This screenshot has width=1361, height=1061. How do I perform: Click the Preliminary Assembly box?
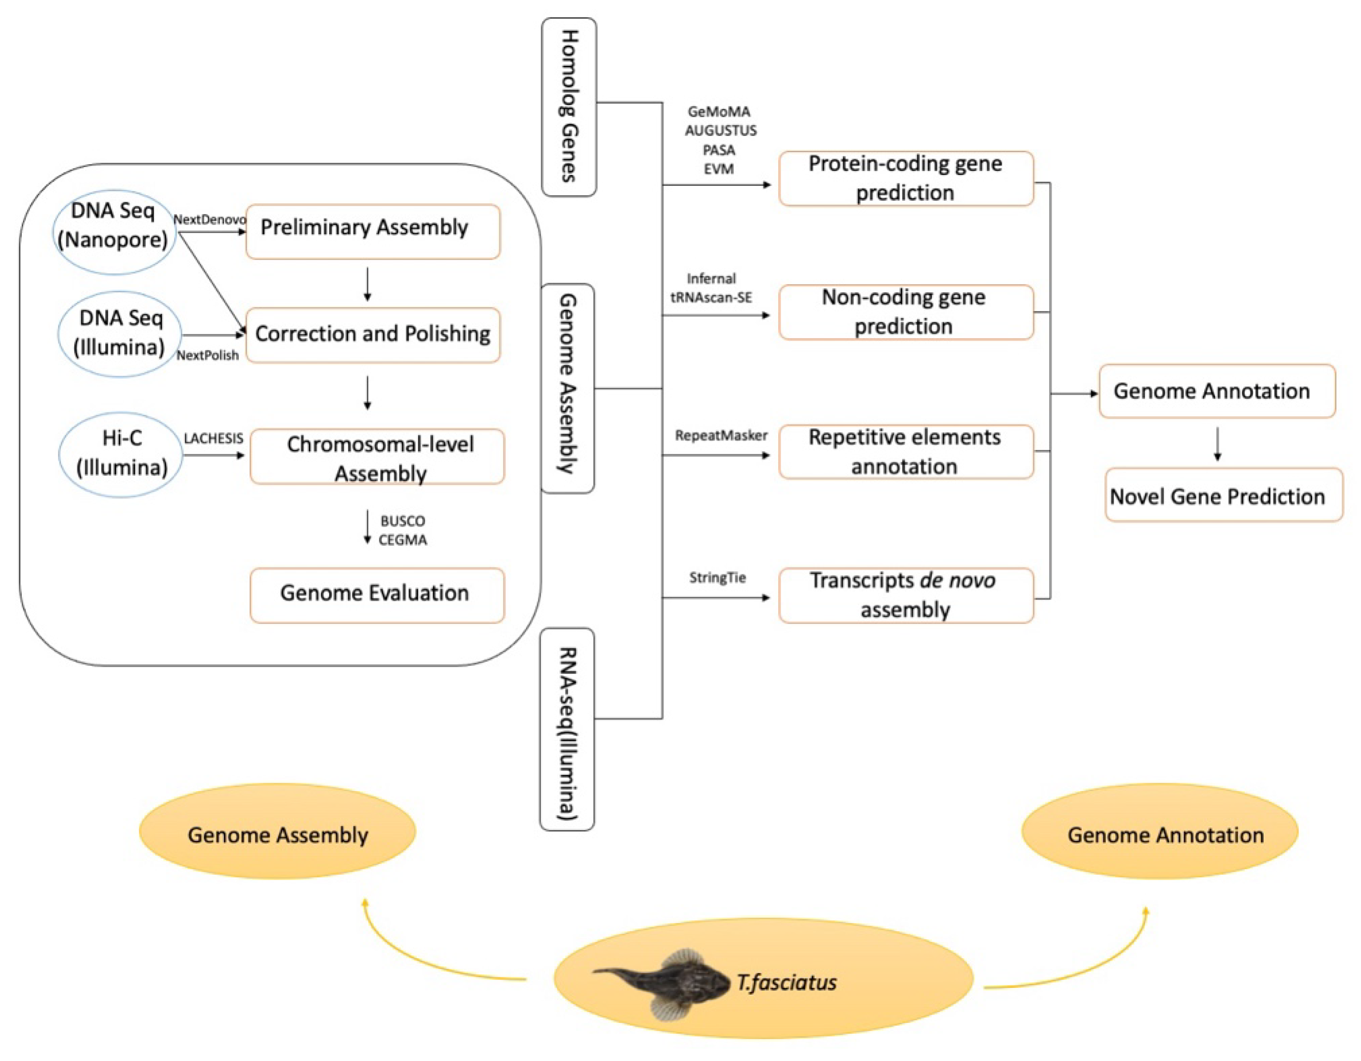click(373, 231)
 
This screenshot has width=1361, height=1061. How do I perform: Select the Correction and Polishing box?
click(373, 335)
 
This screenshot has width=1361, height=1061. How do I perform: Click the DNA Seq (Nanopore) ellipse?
click(114, 231)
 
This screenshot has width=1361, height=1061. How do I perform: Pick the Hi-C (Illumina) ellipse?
click(121, 454)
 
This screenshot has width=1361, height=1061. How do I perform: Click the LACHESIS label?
click(213, 438)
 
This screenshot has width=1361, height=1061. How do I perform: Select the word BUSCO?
click(402, 521)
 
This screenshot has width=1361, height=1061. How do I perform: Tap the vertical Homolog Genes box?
click(569, 107)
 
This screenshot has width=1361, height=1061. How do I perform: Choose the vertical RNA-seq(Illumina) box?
click(567, 729)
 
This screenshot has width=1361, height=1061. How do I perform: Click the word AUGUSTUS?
click(720, 131)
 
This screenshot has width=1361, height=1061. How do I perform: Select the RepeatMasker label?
click(721, 435)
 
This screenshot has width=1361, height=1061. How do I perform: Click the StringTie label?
click(717, 577)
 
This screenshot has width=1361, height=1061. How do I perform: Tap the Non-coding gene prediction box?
click(906, 311)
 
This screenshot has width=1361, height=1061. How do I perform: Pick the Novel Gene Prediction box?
click(1223, 495)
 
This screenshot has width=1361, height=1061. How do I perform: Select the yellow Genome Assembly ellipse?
click(277, 831)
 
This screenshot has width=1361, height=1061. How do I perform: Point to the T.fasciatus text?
click(787, 982)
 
